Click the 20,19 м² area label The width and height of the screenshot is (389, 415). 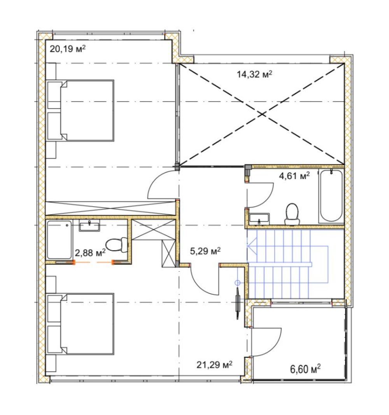[68, 49]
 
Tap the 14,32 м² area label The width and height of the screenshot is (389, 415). [254, 74]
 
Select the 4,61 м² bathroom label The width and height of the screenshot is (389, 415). [294, 176]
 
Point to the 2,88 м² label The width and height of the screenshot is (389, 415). [90, 253]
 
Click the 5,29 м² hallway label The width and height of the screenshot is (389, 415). [205, 251]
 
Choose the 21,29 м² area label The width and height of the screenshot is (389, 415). [214, 365]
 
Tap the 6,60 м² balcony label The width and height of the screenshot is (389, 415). [305, 369]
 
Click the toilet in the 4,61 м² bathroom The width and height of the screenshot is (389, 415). [292, 214]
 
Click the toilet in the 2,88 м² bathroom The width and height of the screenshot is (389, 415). [117, 245]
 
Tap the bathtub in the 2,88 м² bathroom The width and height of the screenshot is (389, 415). [60, 240]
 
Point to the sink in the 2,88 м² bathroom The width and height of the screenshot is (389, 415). [89, 225]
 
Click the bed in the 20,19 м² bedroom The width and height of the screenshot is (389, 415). [81, 111]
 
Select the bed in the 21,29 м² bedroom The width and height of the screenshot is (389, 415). [81, 324]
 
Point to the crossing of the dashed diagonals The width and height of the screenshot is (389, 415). [262, 114]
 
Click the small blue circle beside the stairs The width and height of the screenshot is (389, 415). [238, 283]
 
